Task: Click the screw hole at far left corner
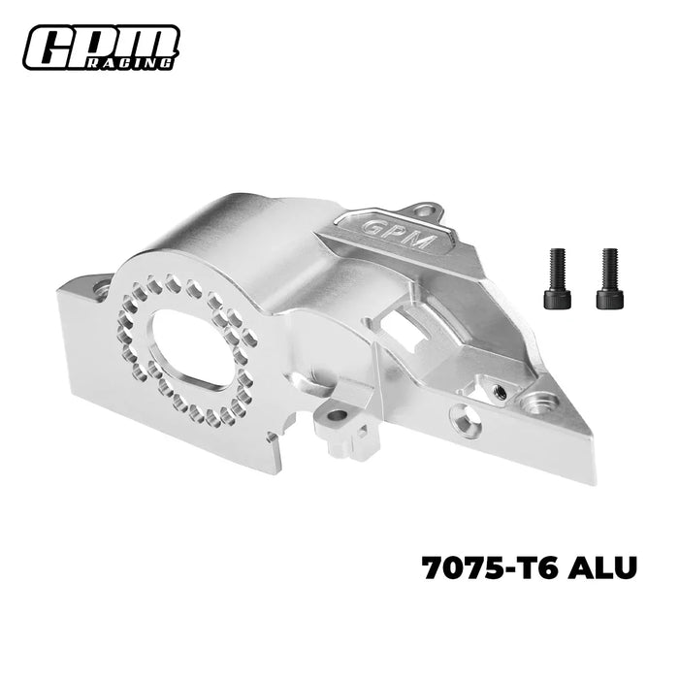(x=101, y=288)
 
